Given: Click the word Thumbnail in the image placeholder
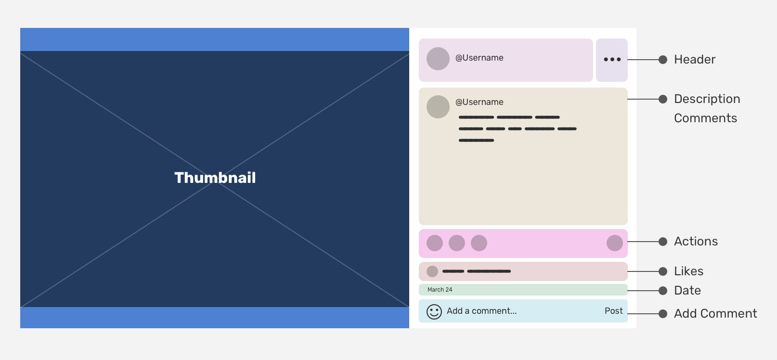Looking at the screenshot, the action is point(215,178).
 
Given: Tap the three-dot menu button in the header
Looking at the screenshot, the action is point(612,60).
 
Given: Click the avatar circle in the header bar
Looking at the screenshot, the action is point(438,59).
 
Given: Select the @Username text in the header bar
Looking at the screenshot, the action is point(479,58).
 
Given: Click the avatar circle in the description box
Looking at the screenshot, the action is point(438,107).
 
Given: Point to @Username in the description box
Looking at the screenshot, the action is point(479,102).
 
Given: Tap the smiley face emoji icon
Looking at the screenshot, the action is point(434,312).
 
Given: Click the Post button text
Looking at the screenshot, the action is point(614,311).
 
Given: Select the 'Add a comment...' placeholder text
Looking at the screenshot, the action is point(482,311).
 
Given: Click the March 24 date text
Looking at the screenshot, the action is point(440,290).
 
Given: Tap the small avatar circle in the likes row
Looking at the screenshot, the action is point(432,271).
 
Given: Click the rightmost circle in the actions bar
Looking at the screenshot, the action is point(615,243).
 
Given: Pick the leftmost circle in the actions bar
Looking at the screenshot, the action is point(435,243).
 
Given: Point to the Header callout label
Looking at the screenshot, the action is point(695,60).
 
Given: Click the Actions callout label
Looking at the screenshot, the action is point(696,242).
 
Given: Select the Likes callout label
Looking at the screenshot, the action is point(688,271).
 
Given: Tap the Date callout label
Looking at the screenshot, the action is point(687,291).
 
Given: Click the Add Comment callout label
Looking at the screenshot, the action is point(715,313).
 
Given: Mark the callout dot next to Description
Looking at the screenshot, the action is point(663,99).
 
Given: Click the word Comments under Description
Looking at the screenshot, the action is point(706,118).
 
